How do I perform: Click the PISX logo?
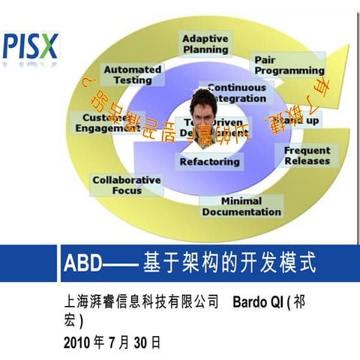(30, 46)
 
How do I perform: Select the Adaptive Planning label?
(205, 43)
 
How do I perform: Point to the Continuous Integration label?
(237, 92)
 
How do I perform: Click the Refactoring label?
(210, 161)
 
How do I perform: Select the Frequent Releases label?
(307, 155)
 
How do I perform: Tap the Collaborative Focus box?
(126, 185)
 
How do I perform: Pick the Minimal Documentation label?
(241, 206)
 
